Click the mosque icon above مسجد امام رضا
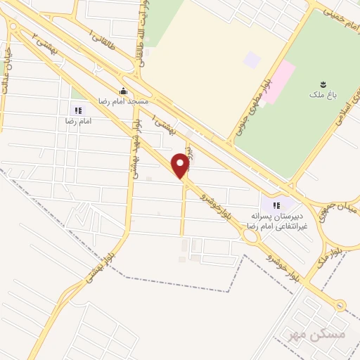(x=124, y=90)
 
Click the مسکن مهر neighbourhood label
(x=328, y=333)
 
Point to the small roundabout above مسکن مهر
(x=341, y=305)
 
